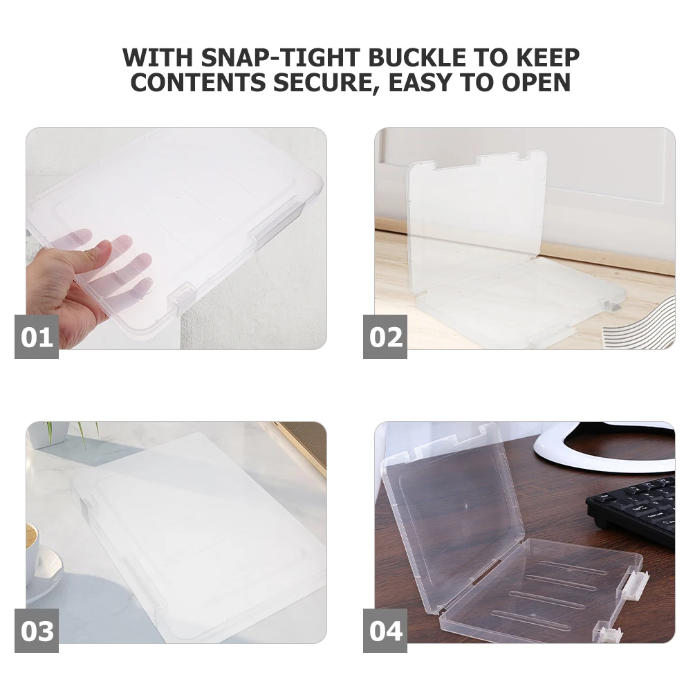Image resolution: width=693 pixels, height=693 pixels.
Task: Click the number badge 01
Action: click(x=37, y=337)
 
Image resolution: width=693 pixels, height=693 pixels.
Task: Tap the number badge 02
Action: click(x=385, y=337)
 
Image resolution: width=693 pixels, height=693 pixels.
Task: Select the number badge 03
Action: click(x=37, y=631)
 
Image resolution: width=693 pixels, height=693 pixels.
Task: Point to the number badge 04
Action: click(x=385, y=631)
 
